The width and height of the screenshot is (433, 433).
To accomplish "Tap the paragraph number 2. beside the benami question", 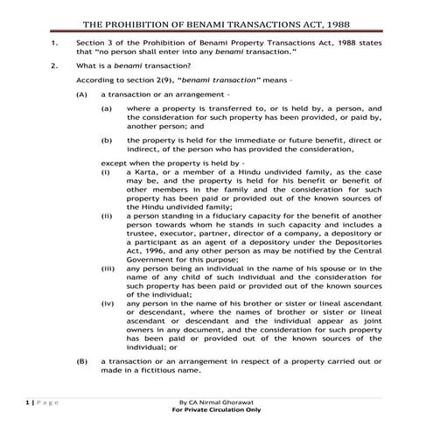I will [54, 66].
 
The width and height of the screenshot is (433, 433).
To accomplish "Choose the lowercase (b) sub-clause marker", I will [107, 139].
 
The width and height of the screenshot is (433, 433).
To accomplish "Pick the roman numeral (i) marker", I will [106, 173].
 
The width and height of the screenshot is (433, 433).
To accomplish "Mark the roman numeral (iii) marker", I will [107, 268].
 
